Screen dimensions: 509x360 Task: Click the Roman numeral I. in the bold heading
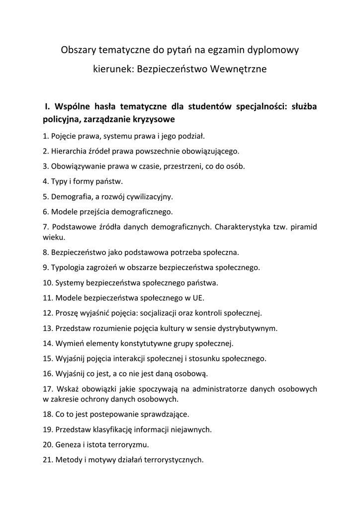(x=47, y=106)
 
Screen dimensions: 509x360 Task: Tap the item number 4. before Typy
(x=46, y=181)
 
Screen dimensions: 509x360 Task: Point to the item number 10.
(x=48, y=283)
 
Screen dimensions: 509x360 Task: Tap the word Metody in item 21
(x=69, y=460)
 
